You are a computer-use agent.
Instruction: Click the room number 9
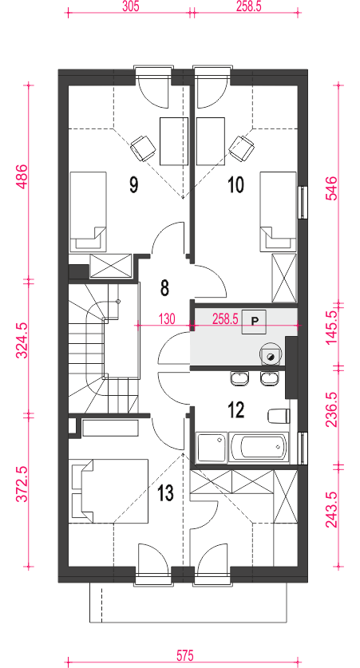pyautogui.click(x=134, y=185)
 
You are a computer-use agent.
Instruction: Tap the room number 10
pyautogui.click(x=236, y=185)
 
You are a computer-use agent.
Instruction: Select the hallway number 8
pyautogui.click(x=165, y=288)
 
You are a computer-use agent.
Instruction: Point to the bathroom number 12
pyautogui.click(x=236, y=410)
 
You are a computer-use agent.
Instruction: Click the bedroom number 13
pyautogui.click(x=165, y=493)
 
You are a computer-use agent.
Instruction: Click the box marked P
pyautogui.click(x=255, y=321)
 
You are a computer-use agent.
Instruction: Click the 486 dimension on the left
pyautogui.click(x=22, y=176)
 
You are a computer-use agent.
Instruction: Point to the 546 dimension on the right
pyautogui.click(x=332, y=188)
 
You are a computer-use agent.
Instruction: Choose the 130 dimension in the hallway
pyautogui.click(x=167, y=318)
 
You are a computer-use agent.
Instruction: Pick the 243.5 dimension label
pyautogui.click(x=332, y=509)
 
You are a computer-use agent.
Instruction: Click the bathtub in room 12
pyautogui.click(x=259, y=447)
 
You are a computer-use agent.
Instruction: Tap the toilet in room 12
pyautogui.click(x=279, y=416)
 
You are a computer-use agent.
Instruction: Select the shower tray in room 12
pyautogui.click(x=211, y=447)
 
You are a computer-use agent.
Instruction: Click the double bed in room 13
pyautogui.click(x=110, y=491)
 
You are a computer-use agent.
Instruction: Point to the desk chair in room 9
pyautogui.click(x=143, y=148)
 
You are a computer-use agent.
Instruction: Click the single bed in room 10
pyautogui.click(x=279, y=211)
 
